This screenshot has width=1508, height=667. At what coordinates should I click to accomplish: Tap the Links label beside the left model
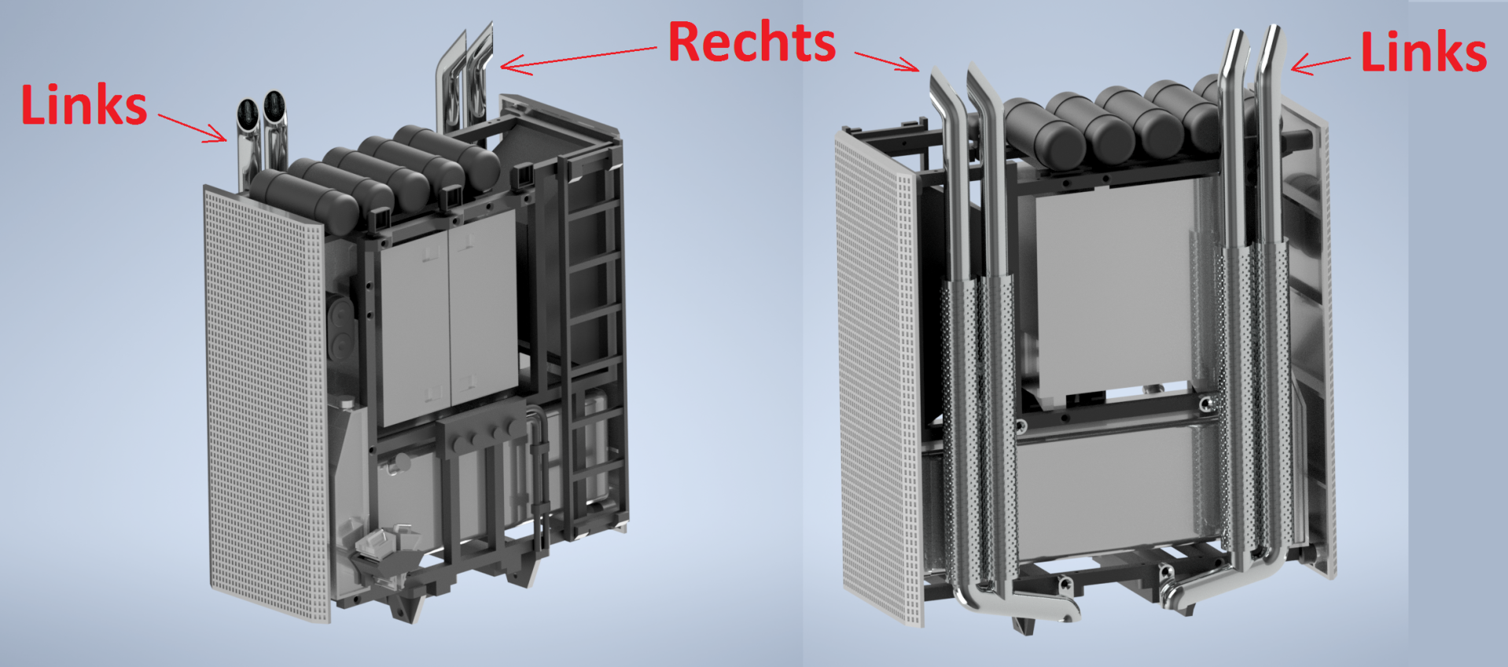pyautogui.click(x=84, y=105)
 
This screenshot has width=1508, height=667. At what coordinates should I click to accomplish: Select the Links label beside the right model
pyautogui.click(x=1423, y=52)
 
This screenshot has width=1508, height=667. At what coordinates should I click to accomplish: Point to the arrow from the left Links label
pyautogui.click(x=193, y=127)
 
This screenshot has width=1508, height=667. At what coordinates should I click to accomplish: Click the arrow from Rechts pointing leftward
pyautogui.click(x=579, y=61)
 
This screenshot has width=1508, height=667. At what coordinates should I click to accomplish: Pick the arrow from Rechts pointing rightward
pyautogui.click(x=888, y=61)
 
